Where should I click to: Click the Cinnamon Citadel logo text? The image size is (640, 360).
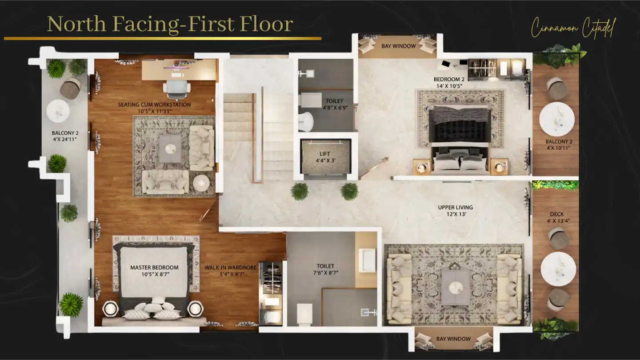tap(573, 28)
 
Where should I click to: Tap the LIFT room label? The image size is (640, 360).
tap(325, 154)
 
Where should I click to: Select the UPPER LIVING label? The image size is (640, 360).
tap(456, 208)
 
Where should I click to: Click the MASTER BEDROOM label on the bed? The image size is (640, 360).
tap(154, 268)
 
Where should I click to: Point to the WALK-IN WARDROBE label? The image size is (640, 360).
tap(230, 268)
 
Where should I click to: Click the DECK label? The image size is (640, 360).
tap(557, 214)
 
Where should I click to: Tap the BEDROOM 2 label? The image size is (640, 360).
tap(449, 79)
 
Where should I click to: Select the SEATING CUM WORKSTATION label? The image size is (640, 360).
tap(154, 104)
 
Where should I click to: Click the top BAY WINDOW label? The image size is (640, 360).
tap(399, 46)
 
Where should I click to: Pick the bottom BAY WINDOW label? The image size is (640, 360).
tap(453, 339)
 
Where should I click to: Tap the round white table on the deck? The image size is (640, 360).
tap(558, 269)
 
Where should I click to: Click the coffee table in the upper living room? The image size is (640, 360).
tap(456, 288)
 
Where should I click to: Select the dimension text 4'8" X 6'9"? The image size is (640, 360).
tap(336, 108)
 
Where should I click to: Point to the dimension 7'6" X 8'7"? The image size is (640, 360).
tap(325, 273)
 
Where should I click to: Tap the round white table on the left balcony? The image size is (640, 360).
tap(58, 111)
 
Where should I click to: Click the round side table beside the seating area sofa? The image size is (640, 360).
tap(201, 183)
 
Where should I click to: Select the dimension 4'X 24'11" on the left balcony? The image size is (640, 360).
tap(65, 140)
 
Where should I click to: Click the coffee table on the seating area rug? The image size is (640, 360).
tap(170, 149)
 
